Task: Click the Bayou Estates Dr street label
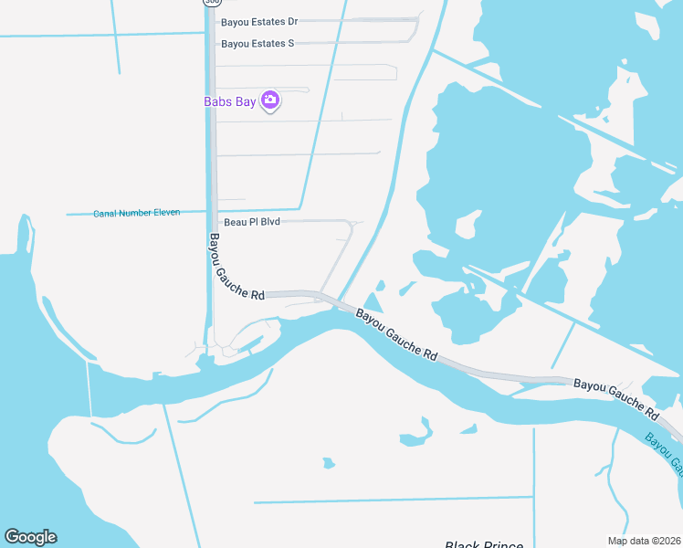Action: (259, 21)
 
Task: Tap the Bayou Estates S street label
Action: (257, 43)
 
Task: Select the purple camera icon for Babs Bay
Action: (269, 100)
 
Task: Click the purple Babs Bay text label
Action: (229, 101)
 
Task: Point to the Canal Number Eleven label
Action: (136, 213)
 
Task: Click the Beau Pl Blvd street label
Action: (251, 222)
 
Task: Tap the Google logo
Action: (30, 537)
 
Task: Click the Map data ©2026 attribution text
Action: (644, 541)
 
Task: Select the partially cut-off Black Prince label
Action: (484, 544)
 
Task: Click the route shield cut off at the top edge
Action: (211, 3)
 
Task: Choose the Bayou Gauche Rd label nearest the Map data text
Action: (616, 395)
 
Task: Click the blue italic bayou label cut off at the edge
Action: (665, 452)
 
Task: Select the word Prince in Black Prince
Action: (503, 544)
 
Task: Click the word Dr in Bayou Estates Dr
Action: (292, 21)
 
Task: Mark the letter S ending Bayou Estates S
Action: (290, 43)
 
